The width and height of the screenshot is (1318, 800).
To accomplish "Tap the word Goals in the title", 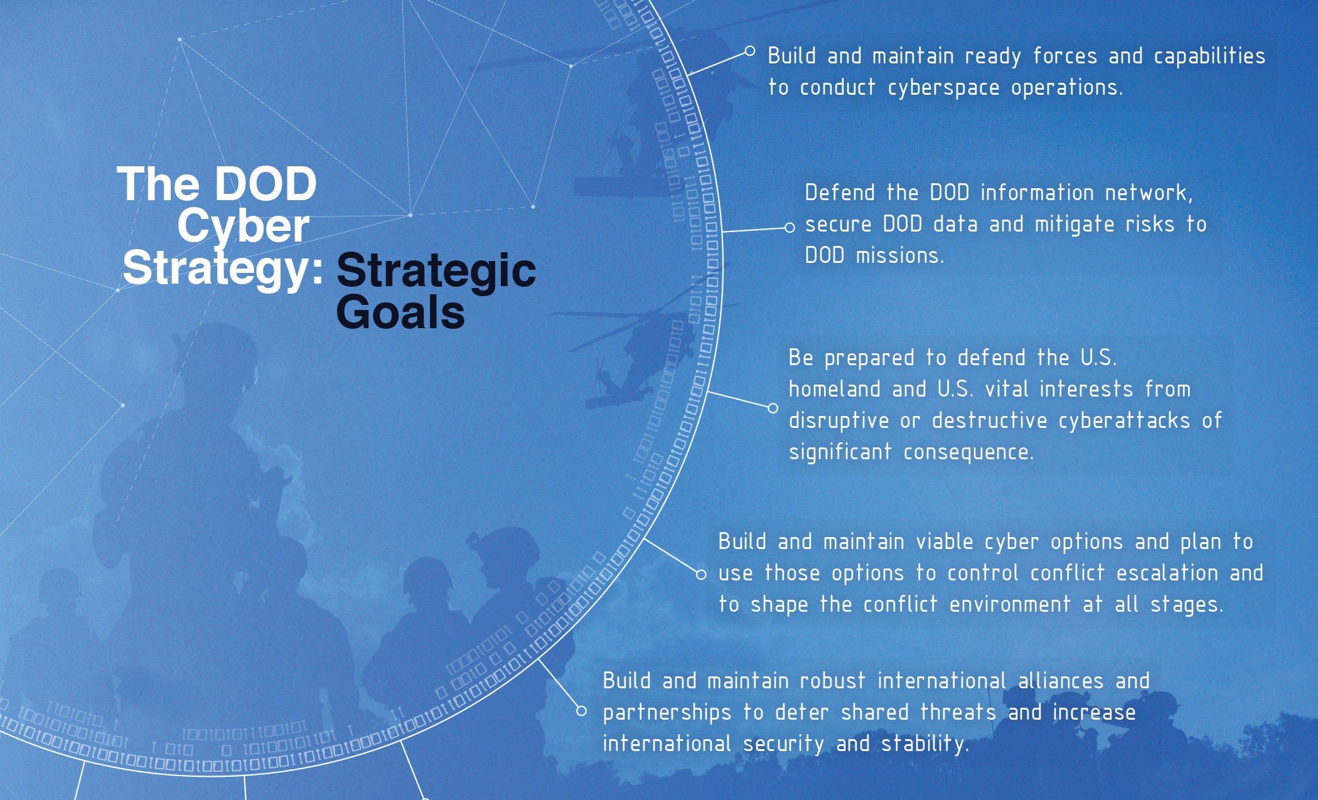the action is [400, 312].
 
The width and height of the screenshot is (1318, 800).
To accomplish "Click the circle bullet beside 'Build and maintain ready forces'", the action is [749, 51].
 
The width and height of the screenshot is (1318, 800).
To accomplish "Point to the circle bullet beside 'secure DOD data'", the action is [790, 228].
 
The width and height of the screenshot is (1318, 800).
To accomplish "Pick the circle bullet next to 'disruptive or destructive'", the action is [773, 408].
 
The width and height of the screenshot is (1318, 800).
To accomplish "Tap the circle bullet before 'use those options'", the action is [701, 574].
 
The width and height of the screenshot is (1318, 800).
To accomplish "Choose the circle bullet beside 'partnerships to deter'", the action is [582, 711].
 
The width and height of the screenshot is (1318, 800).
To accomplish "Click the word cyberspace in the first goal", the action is [943, 88].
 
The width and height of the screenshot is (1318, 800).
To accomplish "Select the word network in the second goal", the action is [1149, 193].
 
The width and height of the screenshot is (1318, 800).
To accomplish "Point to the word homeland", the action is [835, 389].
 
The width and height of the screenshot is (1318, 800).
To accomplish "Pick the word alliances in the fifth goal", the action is [1061, 681].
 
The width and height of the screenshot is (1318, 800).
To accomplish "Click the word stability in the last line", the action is [925, 744].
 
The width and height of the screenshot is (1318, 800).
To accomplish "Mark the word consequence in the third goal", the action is [968, 452].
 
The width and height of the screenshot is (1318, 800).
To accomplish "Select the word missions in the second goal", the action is [900, 256].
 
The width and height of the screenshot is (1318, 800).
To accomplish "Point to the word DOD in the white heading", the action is [265, 184].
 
